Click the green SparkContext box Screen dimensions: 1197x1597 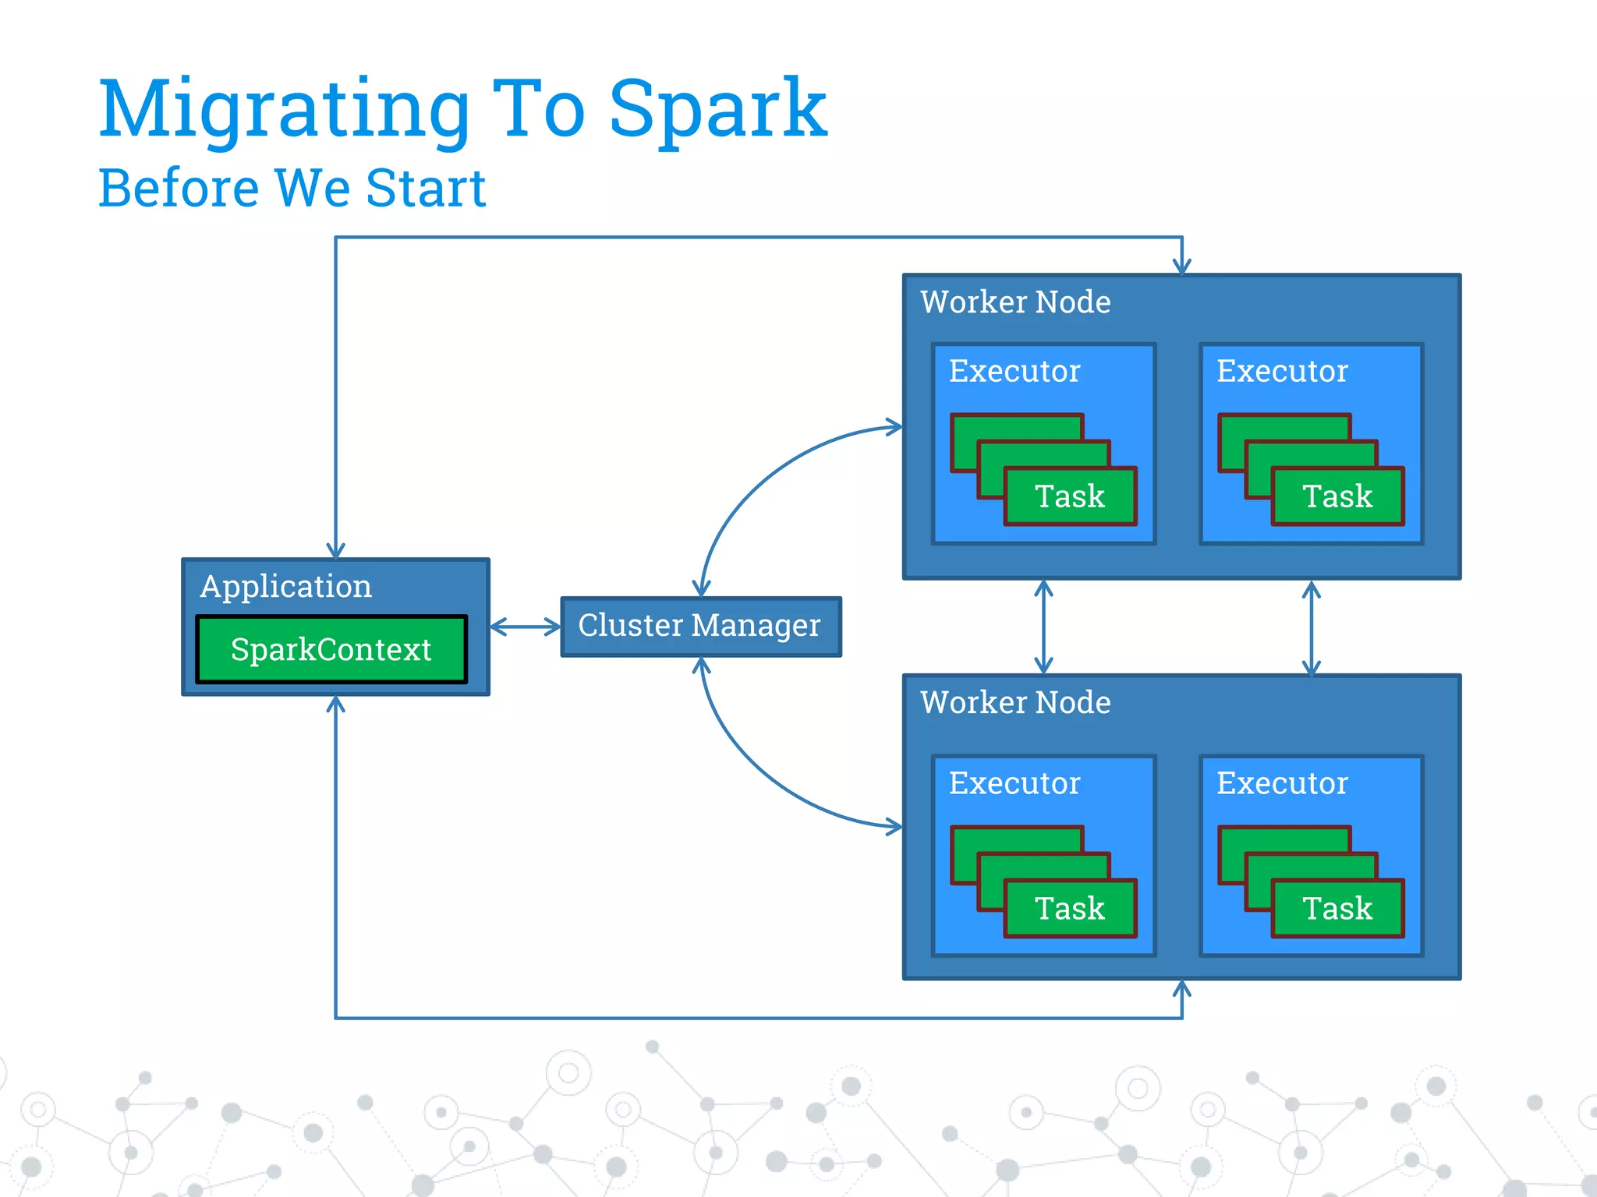tap(331, 649)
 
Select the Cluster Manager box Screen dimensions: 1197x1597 tap(700, 626)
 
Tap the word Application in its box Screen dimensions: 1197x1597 tap(285, 586)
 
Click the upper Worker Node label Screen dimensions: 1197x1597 tap(1015, 302)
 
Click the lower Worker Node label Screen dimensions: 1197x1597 tap(1015, 703)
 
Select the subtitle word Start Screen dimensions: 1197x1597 tap(426, 189)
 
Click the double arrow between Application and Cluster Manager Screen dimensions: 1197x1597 tap(525, 627)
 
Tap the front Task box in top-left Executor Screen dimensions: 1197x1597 tap(1070, 496)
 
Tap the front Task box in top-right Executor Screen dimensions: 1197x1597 tap(1337, 496)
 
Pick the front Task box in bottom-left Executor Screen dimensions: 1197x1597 tap(1070, 909)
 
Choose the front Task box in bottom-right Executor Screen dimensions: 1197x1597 tap(1337, 909)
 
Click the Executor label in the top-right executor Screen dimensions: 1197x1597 tap(1282, 371)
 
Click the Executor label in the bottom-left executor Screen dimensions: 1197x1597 tap(1015, 783)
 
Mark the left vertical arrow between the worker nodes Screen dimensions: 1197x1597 tap(1043, 627)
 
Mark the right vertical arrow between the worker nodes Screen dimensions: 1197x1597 tap(1311, 627)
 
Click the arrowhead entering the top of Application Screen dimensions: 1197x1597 tap(335, 551)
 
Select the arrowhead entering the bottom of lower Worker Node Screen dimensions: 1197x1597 tap(1182, 990)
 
